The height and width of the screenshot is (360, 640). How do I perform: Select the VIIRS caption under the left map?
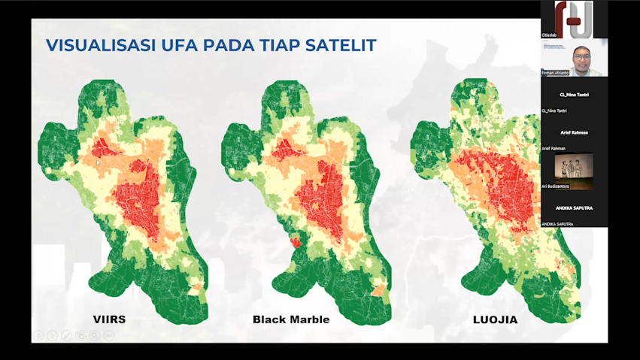point(109,319)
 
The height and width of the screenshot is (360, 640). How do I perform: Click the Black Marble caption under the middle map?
point(291,319)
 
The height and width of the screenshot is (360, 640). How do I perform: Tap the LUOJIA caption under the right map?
point(495,319)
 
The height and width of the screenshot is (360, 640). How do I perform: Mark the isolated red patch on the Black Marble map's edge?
point(295,242)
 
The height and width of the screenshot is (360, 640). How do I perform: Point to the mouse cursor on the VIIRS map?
point(98,162)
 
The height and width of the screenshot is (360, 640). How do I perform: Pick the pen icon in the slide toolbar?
point(66,335)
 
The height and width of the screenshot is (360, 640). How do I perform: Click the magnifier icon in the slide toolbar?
point(95,335)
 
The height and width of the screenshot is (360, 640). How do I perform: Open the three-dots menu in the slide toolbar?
point(109,335)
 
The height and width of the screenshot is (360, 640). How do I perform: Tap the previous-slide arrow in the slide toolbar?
point(38,335)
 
